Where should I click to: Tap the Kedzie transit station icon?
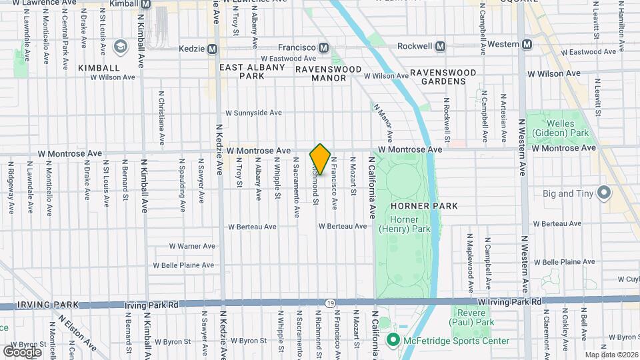pyautogui.click(x=213, y=49)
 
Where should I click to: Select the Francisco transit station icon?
pyautogui.click(x=324, y=47)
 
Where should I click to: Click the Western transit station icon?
pyautogui.click(x=527, y=45)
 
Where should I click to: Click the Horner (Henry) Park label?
pyautogui.click(x=398, y=225)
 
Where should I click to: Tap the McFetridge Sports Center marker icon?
pyautogui.click(x=393, y=341)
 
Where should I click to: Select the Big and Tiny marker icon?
pyautogui.click(x=605, y=193)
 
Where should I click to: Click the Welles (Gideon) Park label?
pyautogui.click(x=559, y=129)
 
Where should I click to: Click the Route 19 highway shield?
pyautogui.click(x=331, y=303)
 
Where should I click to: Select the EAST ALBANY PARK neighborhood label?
pyautogui.click(x=253, y=72)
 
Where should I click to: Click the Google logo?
pyautogui.click(x=22, y=351)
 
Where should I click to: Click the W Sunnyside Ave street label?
pyautogui.click(x=253, y=113)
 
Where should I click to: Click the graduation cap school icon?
pyautogui.click(x=120, y=47)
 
